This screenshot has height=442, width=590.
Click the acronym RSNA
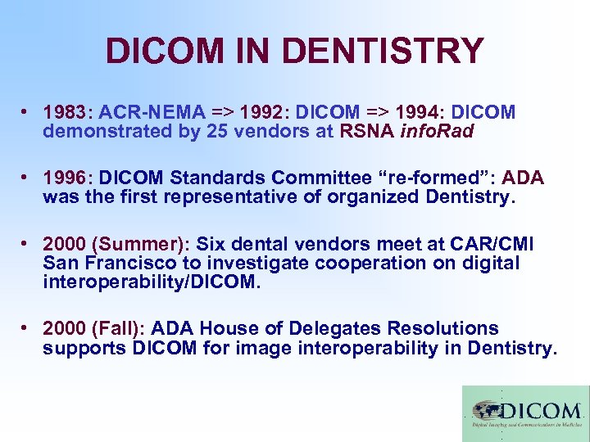click(x=368, y=131)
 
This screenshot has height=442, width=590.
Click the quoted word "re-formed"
click(x=446, y=178)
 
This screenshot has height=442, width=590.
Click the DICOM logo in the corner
click(x=525, y=413)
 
